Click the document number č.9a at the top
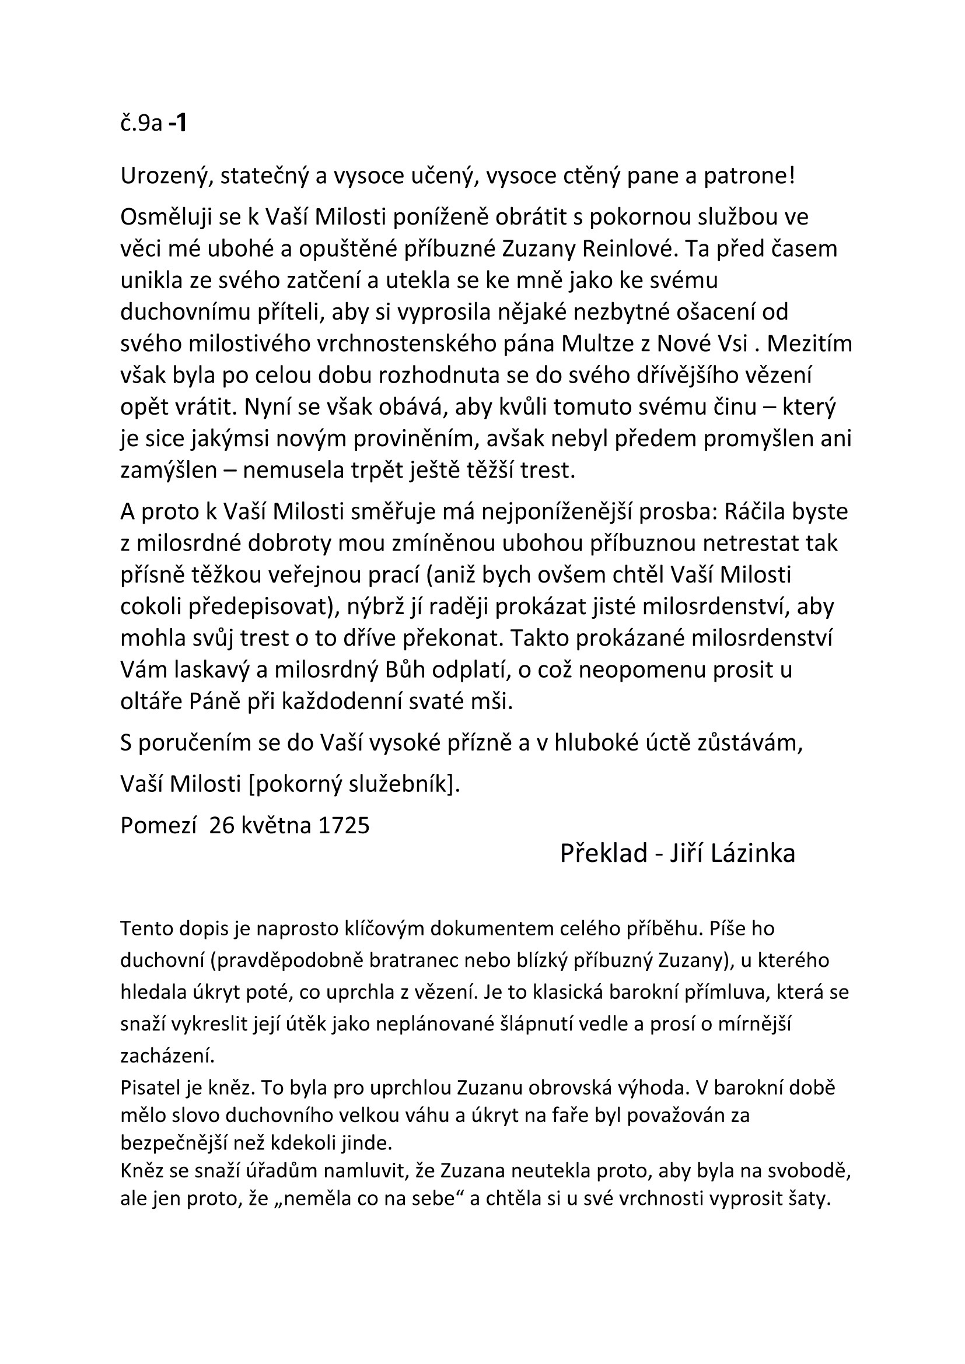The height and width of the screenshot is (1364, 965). tap(141, 124)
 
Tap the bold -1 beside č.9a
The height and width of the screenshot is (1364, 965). tap(178, 123)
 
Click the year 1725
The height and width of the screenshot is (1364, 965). tap(344, 825)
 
